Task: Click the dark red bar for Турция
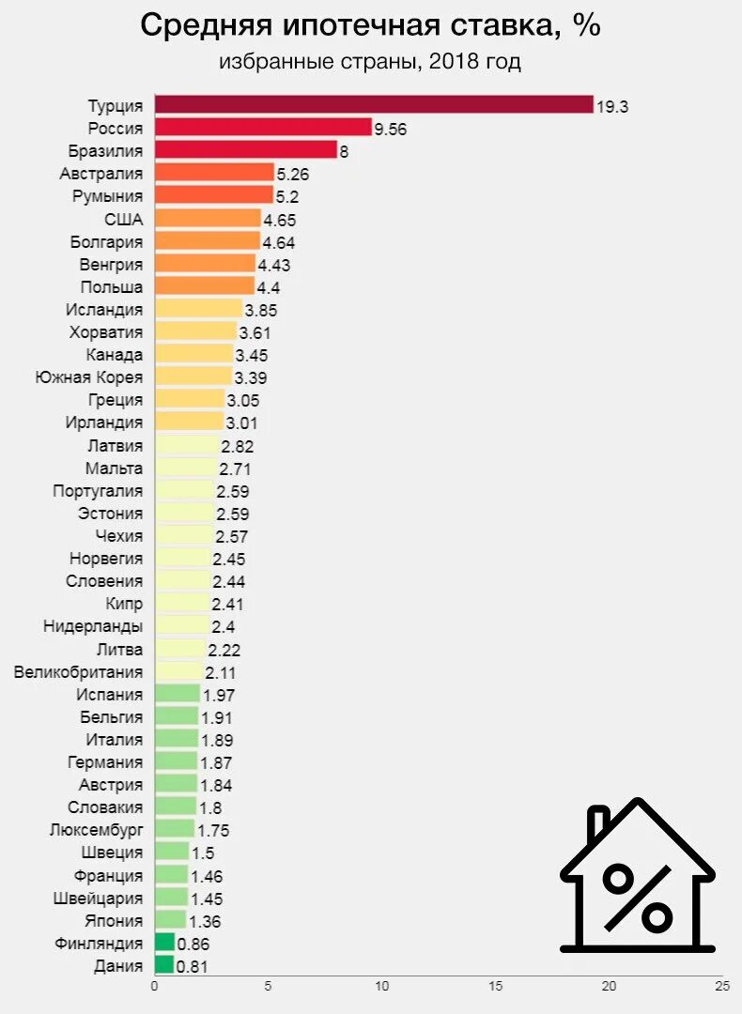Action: (373, 104)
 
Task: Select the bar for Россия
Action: (263, 127)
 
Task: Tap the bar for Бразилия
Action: (245, 149)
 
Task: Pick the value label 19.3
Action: (611, 106)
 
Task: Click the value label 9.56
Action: (390, 129)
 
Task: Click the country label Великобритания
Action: (79, 671)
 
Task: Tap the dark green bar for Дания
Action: (163, 964)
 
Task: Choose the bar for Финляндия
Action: (164, 942)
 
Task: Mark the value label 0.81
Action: (192, 966)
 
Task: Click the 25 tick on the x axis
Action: (721, 986)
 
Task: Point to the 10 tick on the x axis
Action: (381, 986)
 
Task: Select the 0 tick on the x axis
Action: (154, 986)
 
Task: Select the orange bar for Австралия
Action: (214, 172)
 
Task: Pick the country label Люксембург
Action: (96, 829)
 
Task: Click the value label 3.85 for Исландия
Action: (261, 310)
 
